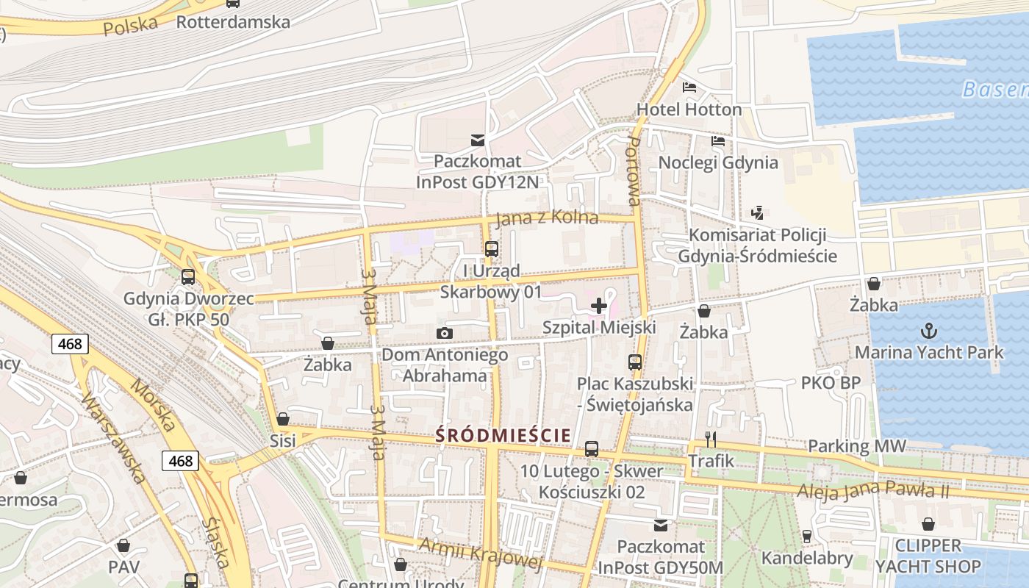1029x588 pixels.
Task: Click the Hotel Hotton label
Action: point(689,110)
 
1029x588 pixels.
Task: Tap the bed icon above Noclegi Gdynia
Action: point(718,141)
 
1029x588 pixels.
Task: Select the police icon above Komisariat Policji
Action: point(757,213)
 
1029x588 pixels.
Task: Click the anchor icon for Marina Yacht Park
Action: point(928,331)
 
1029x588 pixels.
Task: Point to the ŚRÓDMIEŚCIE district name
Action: point(503,435)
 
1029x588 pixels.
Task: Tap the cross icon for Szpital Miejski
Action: point(599,306)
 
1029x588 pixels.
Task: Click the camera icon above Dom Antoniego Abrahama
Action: point(444,334)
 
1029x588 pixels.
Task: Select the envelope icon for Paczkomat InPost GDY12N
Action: point(478,140)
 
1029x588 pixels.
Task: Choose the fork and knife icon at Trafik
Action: point(711,440)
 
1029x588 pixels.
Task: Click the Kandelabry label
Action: point(807,558)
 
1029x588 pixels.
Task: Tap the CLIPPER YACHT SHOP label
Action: point(928,556)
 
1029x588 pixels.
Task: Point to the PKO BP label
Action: point(831,383)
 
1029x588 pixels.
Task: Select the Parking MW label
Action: point(857,446)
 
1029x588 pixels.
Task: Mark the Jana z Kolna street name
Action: point(547,219)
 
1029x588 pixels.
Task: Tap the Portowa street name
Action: point(633,171)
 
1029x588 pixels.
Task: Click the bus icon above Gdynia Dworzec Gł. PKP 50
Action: point(188,277)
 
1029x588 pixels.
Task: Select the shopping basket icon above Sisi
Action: point(283,419)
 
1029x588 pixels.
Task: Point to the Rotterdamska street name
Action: point(233,21)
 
